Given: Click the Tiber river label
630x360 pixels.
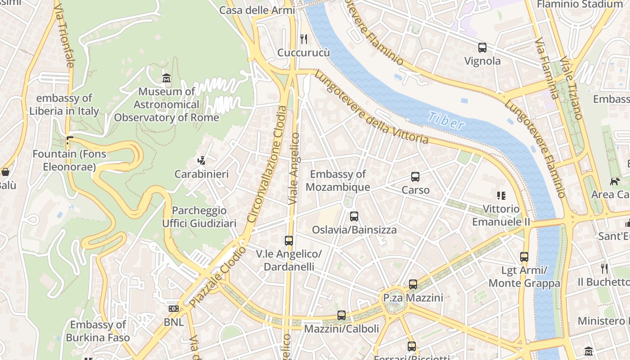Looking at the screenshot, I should (x=445, y=120).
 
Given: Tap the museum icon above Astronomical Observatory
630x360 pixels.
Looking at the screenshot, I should (x=166, y=78).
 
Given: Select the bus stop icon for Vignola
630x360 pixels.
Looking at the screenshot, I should (x=482, y=48).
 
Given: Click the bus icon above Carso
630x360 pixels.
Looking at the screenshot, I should (x=415, y=177).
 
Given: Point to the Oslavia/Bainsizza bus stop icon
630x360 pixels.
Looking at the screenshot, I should (x=354, y=216).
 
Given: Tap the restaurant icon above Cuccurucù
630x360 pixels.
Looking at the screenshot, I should (x=304, y=39).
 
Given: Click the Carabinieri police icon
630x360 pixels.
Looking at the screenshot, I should (x=202, y=161).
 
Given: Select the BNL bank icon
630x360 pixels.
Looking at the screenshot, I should (x=173, y=309).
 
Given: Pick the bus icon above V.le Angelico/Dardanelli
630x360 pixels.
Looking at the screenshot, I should (x=289, y=241).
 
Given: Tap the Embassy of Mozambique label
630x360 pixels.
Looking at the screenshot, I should (x=338, y=180).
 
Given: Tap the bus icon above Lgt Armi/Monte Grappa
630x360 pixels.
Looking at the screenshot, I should (x=524, y=257).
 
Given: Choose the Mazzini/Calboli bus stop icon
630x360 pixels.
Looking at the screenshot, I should (x=342, y=315).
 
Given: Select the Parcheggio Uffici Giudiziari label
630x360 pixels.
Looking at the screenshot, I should (x=199, y=217).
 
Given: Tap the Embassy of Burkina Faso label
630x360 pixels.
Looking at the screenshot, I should (x=98, y=331).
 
